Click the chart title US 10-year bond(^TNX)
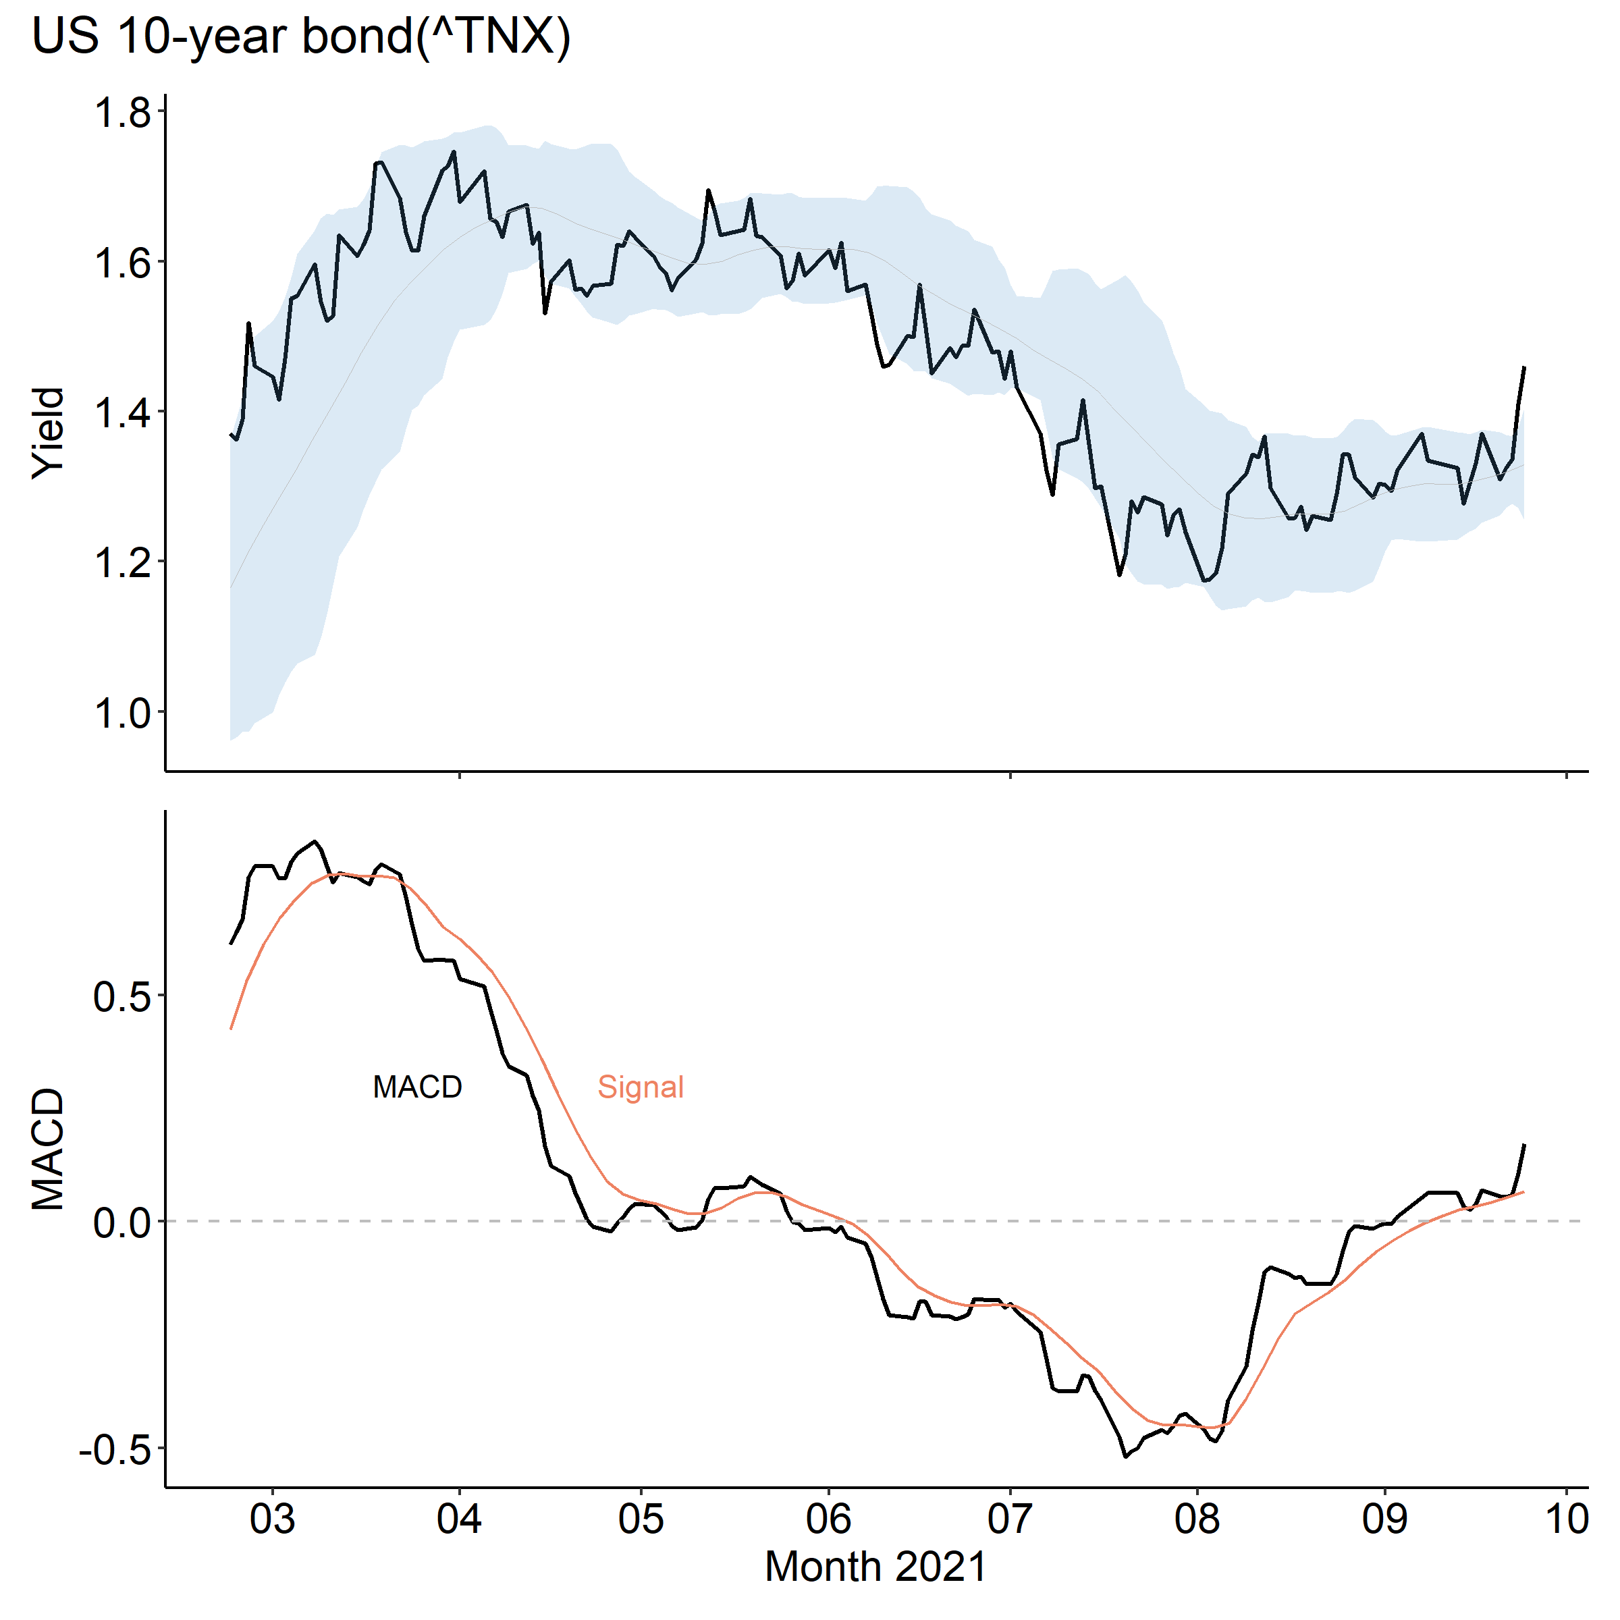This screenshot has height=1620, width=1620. click(x=301, y=37)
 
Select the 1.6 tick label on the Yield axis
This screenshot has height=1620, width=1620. click(x=122, y=263)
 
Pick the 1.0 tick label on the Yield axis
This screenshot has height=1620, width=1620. click(x=122, y=713)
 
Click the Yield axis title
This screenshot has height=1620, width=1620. click(x=49, y=433)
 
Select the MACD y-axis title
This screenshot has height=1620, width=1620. click(x=49, y=1149)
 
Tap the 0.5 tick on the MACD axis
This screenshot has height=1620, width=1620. click(x=122, y=997)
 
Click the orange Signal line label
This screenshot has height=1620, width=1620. click(x=641, y=1087)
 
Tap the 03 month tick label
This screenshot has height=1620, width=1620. click(x=273, y=1519)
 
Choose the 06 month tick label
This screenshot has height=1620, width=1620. click(x=828, y=1519)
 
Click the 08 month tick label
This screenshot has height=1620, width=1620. click(x=1197, y=1519)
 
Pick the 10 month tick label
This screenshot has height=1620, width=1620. click(x=1565, y=1519)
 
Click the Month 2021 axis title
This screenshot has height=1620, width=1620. click(x=875, y=1566)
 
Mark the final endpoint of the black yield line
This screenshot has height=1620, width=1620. click(x=1523, y=367)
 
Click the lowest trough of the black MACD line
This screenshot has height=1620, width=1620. click(x=1125, y=1457)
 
